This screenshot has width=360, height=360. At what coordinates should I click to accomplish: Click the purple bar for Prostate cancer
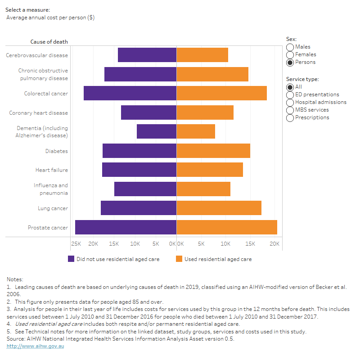[x=126, y=227]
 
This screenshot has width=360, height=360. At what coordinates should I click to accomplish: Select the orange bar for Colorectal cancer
[x=221, y=93]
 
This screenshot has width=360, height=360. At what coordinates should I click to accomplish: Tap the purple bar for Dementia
[x=156, y=131]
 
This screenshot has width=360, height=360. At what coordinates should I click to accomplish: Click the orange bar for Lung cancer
[x=219, y=208]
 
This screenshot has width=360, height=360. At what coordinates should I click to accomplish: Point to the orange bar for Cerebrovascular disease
[x=202, y=55]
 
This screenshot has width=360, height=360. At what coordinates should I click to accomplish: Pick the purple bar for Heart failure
[x=139, y=170]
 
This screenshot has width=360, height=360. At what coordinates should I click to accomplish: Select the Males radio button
[x=290, y=47]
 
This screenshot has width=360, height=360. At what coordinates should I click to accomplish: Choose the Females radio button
[x=290, y=55]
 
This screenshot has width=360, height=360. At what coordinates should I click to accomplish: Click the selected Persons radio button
[x=290, y=63]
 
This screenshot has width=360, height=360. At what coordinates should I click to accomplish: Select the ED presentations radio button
[x=290, y=95]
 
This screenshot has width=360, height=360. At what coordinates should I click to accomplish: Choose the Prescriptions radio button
[x=290, y=118]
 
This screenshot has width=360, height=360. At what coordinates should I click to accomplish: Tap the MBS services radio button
[x=290, y=110]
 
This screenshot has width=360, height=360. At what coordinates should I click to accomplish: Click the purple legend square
[x=71, y=259]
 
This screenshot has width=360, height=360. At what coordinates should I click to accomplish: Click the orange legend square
[x=179, y=259]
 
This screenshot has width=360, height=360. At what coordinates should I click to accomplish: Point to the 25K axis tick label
[x=76, y=244]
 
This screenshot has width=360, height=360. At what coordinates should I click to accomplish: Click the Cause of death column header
[x=49, y=42]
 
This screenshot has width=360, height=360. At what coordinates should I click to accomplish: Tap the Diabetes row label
[x=56, y=151]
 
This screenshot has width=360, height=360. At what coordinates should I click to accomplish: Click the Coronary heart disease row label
[x=39, y=113]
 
